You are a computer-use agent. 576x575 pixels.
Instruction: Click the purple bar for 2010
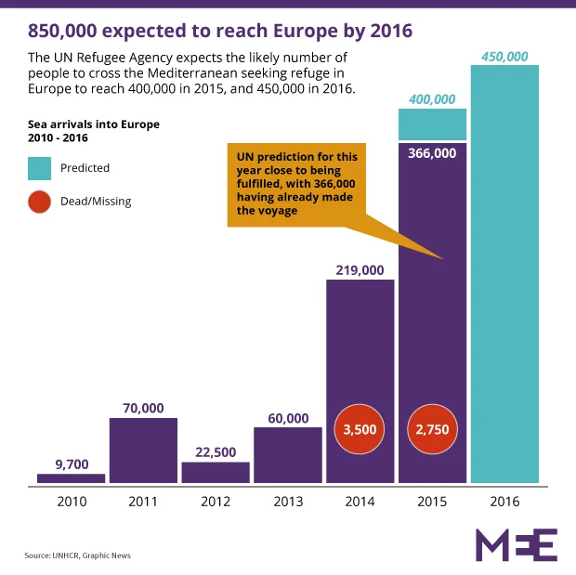pyautogui.click(x=72, y=478)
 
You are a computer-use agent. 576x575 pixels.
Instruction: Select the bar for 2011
pyautogui.click(x=143, y=451)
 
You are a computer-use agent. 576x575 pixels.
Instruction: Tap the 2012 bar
pyautogui.click(x=216, y=473)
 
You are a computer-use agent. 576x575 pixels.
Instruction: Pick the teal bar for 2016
pyautogui.click(x=504, y=279)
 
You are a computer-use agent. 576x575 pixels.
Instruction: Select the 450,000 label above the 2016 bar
pyautogui.click(x=504, y=57)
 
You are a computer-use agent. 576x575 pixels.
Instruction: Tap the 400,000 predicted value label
pyautogui.click(x=432, y=99)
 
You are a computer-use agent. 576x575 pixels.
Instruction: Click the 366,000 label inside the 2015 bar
pyautogui.click(x=432, y=153)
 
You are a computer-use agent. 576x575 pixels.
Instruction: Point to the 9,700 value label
pyautogui.click(x=72, y=464)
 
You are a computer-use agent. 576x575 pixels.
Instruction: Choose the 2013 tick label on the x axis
pyautogui.click(x=288, y=502)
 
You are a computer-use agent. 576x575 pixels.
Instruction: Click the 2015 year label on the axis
pyautogui.click(x=432, y=502)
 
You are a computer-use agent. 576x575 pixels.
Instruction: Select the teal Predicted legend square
pyautogui.click(x=40, y=168)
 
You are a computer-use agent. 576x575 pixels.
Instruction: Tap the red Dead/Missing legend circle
pyautogui.click(x=40, y=201)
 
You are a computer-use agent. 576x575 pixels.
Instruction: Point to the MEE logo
pyautogui.click(x=516, y=544)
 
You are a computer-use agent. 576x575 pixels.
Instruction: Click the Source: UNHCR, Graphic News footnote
pyautogui.click(x=78, y=555)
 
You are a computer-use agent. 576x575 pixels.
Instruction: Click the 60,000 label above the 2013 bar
pyautogui.click(x=288, y=419)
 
